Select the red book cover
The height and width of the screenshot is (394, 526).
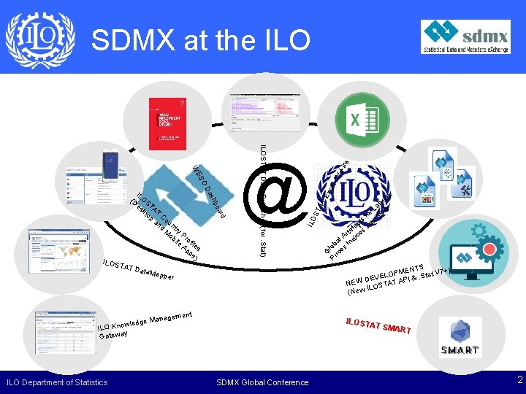click(x=169, y=120)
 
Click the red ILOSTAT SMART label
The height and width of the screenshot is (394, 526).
click(x=379, y=325)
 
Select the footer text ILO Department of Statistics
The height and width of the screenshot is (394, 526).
click(x=56, y=382)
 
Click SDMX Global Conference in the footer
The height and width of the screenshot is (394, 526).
click(x=263, y=382)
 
